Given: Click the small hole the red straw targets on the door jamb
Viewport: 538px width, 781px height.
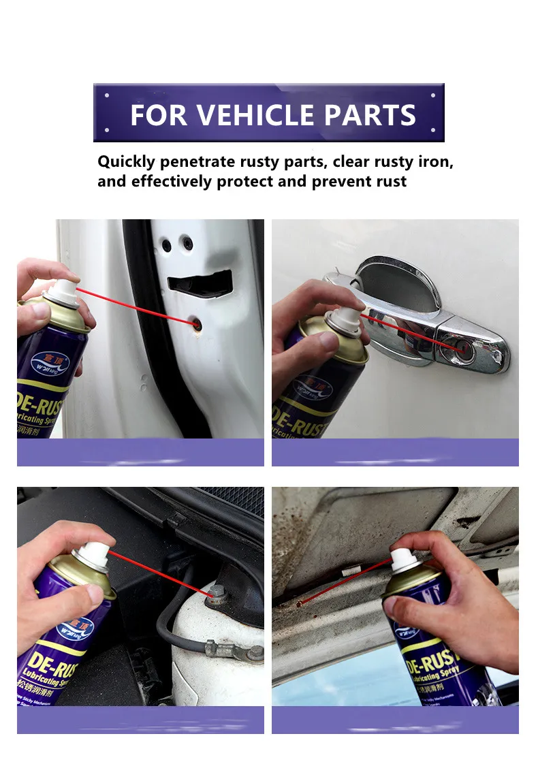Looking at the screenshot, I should [x=197, y=325].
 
